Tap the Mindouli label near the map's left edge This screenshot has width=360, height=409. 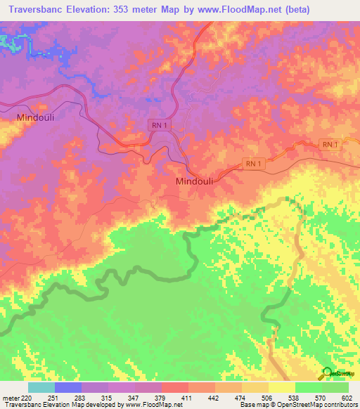[x=35, y=118]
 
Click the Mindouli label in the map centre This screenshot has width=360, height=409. [x=194, y=181]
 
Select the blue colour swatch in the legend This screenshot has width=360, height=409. [x=68, y=387]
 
